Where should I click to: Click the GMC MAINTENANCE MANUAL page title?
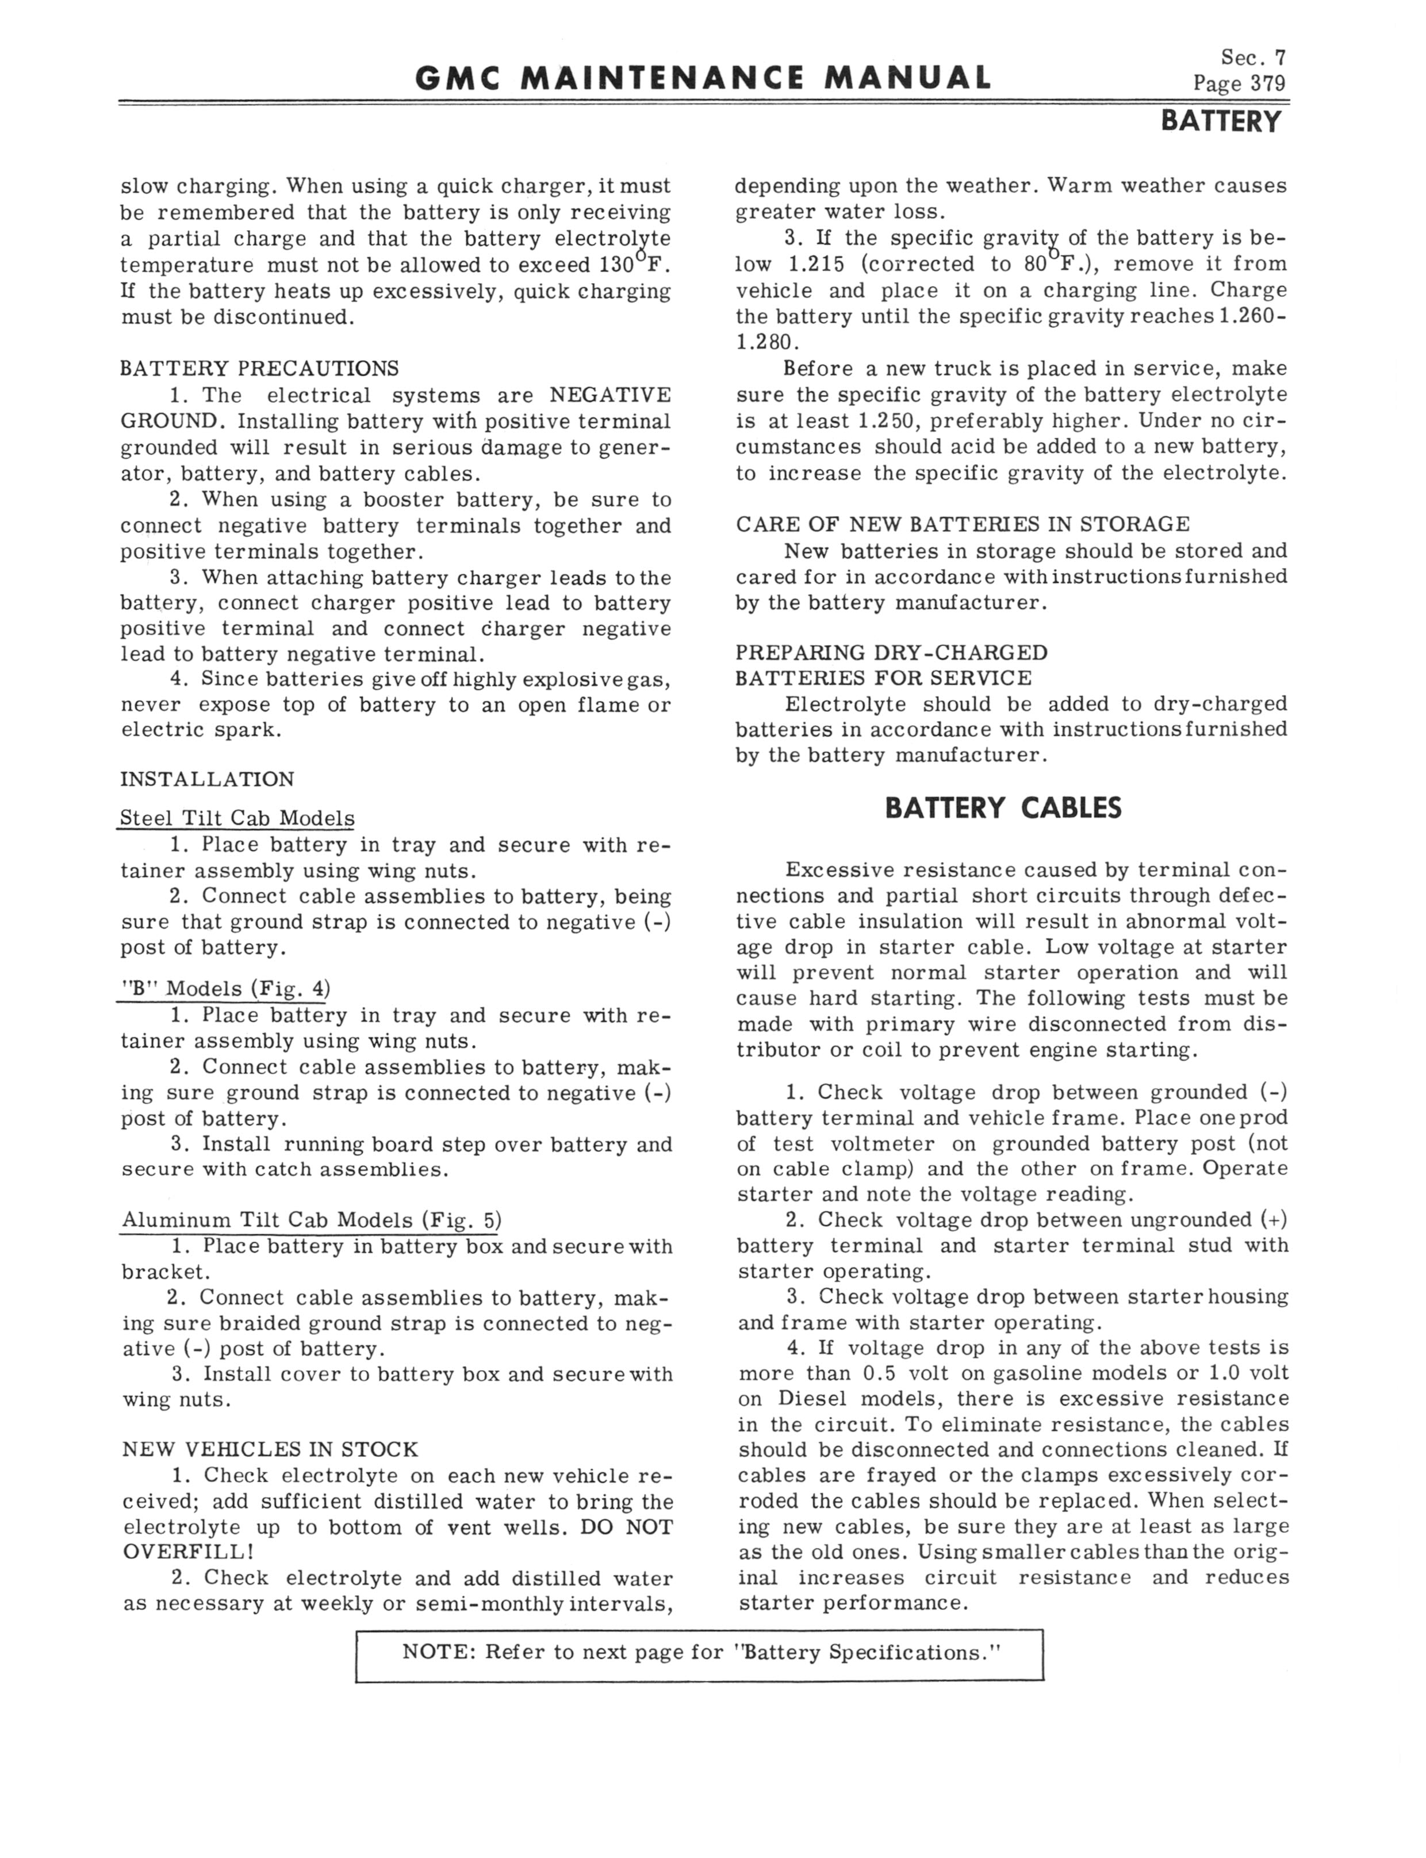click(x=703, y=78)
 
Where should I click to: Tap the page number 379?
click(x=1267, y=83)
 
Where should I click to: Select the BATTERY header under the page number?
click(x=1221, y=123)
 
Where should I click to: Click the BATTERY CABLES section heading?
click(x=1002, y=807)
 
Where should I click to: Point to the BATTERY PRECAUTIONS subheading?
click(x=259, y=368)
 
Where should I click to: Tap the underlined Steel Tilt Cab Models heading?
click(x=237, y=819)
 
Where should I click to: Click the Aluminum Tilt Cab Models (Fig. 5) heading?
click(x=312, y=1220)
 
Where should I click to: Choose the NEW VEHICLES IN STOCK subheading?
click(x=270, y=1449)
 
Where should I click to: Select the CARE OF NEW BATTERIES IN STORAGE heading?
click(x=963, y=524)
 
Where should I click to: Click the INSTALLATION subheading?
click(x=207, y=780)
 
